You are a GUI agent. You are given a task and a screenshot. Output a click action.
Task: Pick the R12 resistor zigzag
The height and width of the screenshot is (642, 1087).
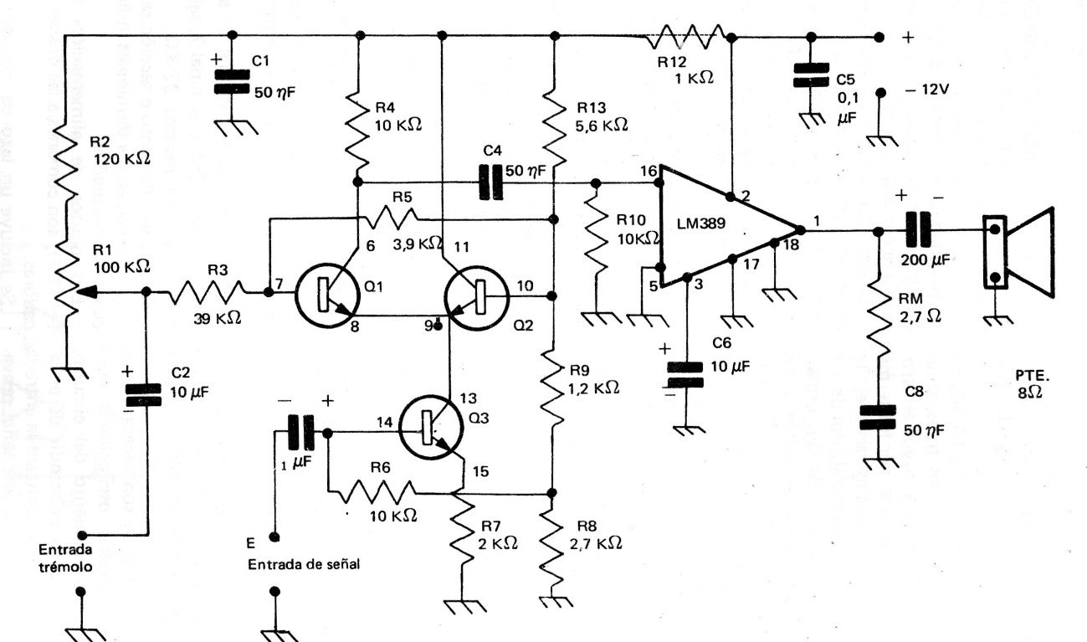click(x=686, y=37)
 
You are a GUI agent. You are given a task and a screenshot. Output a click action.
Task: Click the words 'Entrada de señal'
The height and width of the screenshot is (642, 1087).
click(x=306, y=565)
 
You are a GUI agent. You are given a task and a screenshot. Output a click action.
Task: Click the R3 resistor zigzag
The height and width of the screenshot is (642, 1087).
click(x=208, y=293)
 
